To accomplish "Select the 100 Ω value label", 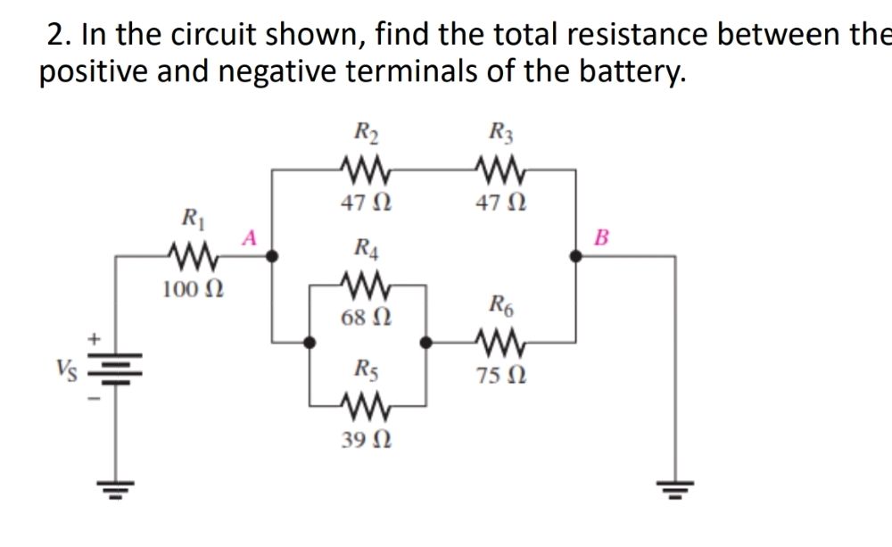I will click(193, 289).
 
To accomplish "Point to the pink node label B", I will click(600, 237).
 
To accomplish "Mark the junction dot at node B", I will click(577, 256).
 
